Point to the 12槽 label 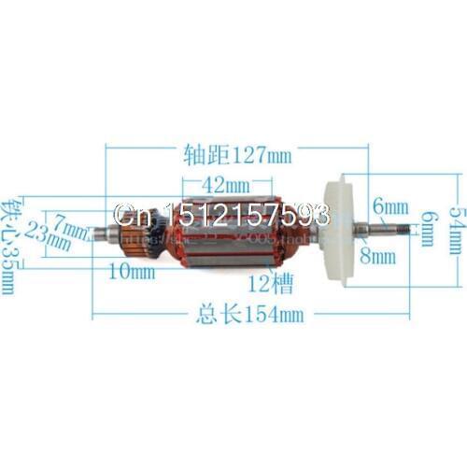(264, 279)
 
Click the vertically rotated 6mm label (425, 227)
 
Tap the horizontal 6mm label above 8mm (389, 205)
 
